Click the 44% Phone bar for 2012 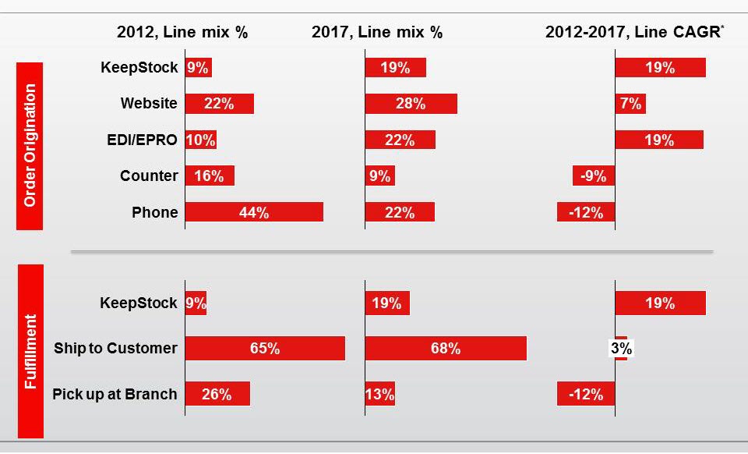pyautogui.click(x=254, y=212)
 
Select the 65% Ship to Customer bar pyautogui.click(x=265, y=349)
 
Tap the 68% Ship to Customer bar pyautogui.click(x=446, y=349)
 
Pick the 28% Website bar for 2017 pyautogui.click(x=411, y=104)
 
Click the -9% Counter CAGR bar pyautogui.click(x=594, y=176)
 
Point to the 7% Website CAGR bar pyautogui.click(x=630, y=104)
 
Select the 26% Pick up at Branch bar pyautogui.click(x=217, y=394)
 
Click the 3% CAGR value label pyautogui.click(x=621, y=349)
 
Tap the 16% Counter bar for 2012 pyautogui.click(x=210, y=176)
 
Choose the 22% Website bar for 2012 pyautogui.click(x=220, y=104)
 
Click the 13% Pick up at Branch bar pyautogui.click(x=380, y=394)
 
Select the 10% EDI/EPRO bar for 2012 pyautogui.click(x=201, y=140)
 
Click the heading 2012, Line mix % pyautogui.click(x=182, y=33)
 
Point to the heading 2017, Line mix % pyautogui.click(x=377, y=33)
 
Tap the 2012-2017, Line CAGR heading pyautogui.click(x=634, y=33)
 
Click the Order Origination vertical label pyautogui.click(x=30, y=146)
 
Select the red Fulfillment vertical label pyautogui.click(x=30, y=351)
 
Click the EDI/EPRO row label pyautogui.click(x=143, y=140)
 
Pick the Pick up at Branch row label pyautogui.click(x=115, y=394)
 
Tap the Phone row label pyautogui.click(x=154, y=212)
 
